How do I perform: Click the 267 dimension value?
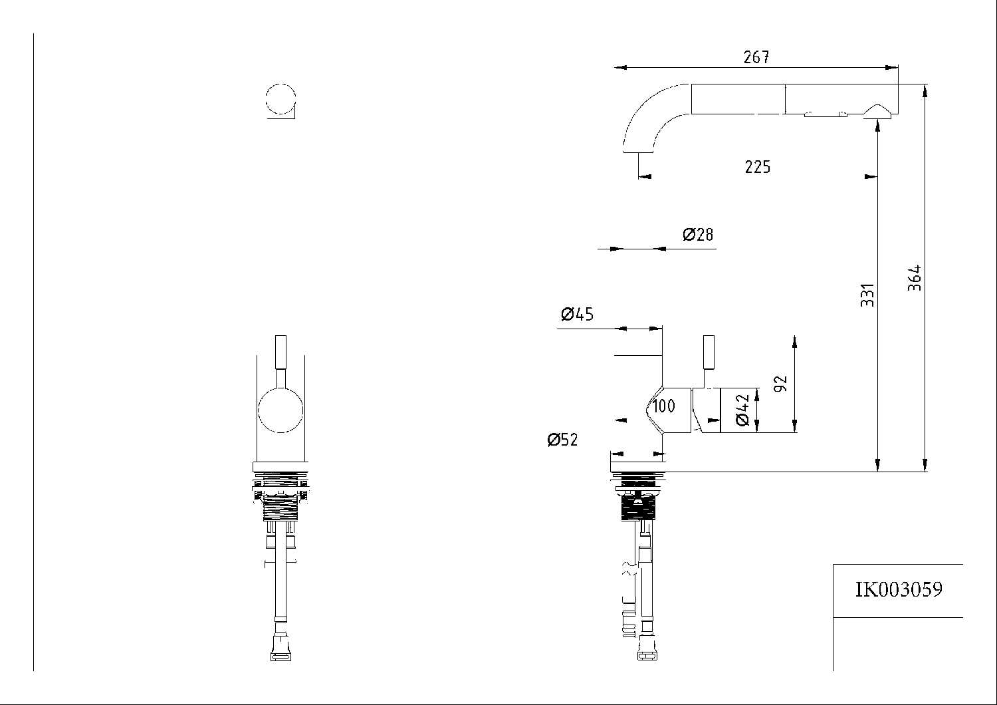pyautogui.click(x=756, y=58)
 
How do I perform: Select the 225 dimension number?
pyautogui.click(x=757, y=167)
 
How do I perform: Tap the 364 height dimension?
pyautogui.click(x=915, y=278)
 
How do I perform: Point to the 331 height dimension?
pyautogui.click(x=867, y=295)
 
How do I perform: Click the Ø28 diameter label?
pyautogui.click(x=698, y=235)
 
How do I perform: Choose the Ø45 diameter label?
pyautogui.click(x=577, y=314)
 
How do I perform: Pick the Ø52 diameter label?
pyautogui.click(x=562, y=440)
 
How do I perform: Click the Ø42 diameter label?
pyautogui.click(x=742, y=410)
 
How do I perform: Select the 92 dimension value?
pyautogui.click(x=781, y=383)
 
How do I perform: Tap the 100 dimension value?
pyautogui.click(x=663, y=406)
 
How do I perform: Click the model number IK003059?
pyautogui.click(x=898, y=589)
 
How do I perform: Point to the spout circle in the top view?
pyautogui.click(x=280, y=100)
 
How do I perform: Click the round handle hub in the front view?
pyautogui.click(x=281, y=411)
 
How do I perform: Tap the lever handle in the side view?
pyautogui.click(x=709, y=352)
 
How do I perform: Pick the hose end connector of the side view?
pyautogui.click(x=647, y=649)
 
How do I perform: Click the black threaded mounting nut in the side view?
pyautogui.click(x=637, y=508)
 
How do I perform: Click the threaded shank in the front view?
pyautogui.click(x=281, y=509)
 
